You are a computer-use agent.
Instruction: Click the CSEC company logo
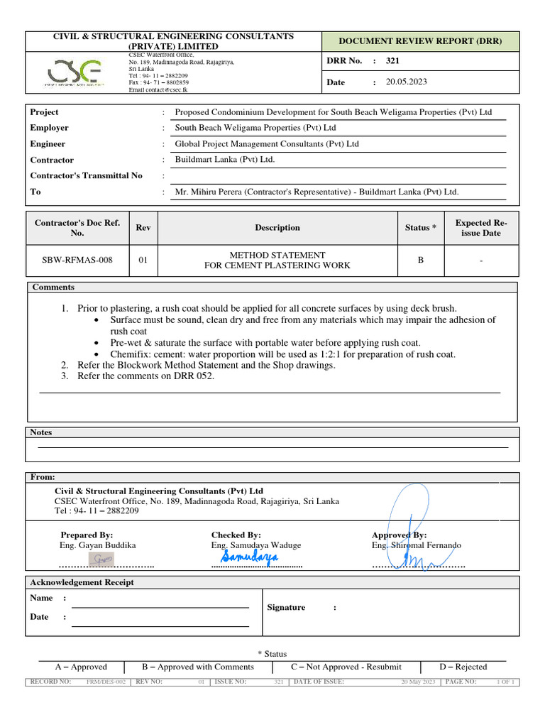point(75,72)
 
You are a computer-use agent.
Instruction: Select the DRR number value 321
point(392,61)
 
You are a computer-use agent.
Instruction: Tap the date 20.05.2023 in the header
point(406,82)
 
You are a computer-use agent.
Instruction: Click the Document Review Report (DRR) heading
point(419,41)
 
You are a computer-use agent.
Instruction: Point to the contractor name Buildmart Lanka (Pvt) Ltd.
point(225,160)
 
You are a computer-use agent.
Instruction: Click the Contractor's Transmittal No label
point(86,175)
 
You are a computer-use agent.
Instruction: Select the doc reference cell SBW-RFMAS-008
point(77,260)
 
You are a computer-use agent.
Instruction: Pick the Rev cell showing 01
point(143,260)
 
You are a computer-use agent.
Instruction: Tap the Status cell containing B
point(420,260)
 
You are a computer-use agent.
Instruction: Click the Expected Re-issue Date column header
point(481,227)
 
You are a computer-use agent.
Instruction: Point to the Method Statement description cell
point(277,260)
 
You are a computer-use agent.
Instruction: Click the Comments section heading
point(53,287)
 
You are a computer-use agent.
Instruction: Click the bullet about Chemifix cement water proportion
point(282,354)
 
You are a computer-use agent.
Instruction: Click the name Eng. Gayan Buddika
point(97,545)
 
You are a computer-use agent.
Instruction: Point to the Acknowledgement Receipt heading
point(82,582)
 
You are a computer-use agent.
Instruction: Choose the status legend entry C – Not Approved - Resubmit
point(346,667)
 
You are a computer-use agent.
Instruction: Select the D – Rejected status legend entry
point(463,667)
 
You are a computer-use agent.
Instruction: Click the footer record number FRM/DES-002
point(106,682)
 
